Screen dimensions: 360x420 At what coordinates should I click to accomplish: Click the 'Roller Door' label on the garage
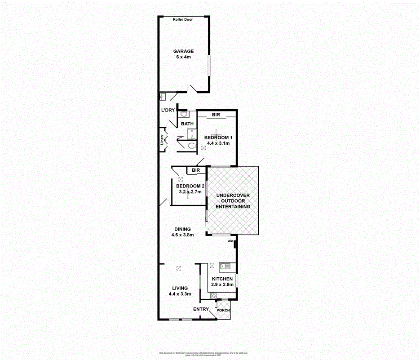coord(183,19)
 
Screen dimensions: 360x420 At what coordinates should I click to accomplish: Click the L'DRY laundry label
coord(168,111)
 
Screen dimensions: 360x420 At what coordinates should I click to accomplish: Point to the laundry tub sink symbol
coord(163,97)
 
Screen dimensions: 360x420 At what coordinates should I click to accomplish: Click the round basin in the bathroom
coord(184,114)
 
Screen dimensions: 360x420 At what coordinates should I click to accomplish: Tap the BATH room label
coord(187,124)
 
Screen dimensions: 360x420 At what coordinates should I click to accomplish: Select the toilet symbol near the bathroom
coord(191,146)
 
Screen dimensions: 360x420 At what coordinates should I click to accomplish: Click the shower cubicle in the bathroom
coord(191,133)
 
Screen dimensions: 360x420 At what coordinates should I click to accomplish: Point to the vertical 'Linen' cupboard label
coord(162,140)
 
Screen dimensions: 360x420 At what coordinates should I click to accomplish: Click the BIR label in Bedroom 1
coord(216,116)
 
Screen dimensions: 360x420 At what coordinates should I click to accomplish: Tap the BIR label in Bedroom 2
coord(195,170)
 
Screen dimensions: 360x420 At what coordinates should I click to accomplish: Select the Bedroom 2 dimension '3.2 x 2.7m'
coord(190,192)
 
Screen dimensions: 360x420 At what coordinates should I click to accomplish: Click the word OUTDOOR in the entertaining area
coord(233,201)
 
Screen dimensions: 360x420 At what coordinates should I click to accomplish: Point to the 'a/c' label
coord(231,241)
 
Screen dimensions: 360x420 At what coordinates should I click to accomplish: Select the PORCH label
coord(223,311)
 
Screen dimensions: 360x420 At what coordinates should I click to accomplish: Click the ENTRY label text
coord(201,309)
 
